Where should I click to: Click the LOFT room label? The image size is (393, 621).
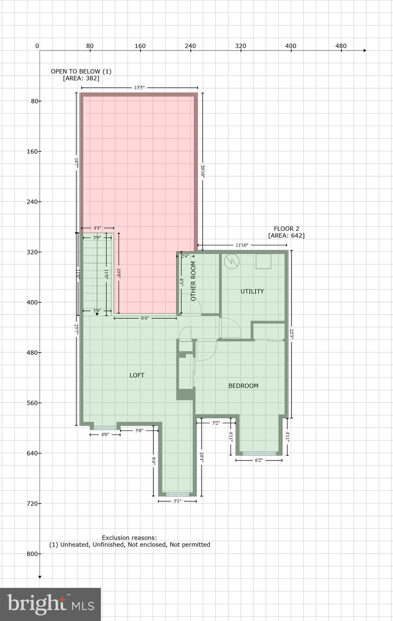137,375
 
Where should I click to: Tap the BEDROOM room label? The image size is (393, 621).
243,386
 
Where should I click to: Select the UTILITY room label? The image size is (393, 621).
252,291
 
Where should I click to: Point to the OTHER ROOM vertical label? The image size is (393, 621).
193,281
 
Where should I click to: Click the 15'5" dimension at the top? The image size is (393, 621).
139,88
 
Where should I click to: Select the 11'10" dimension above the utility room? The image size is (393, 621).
242,245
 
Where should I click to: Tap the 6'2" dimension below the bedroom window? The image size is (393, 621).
259,460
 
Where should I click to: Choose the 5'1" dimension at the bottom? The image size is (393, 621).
177,501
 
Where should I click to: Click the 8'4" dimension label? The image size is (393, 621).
145,318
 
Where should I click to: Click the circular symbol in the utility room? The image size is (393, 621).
232,261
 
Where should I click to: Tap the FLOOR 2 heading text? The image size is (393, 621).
286,229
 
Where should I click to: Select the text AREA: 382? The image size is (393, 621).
81,78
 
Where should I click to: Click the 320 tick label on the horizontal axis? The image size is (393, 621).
240,46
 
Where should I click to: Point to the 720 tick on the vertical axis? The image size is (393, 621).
34,503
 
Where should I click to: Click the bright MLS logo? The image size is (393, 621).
50,604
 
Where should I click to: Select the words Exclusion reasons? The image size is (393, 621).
129,538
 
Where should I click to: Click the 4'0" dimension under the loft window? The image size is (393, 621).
105,435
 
